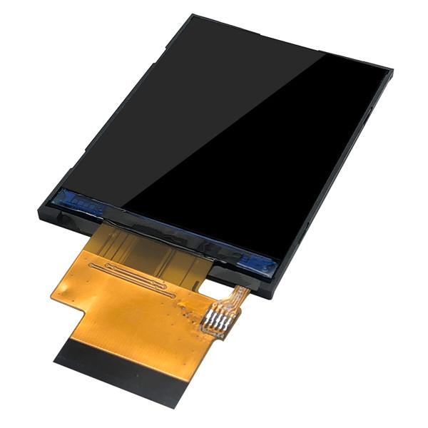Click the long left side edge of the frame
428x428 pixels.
(107, 121)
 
